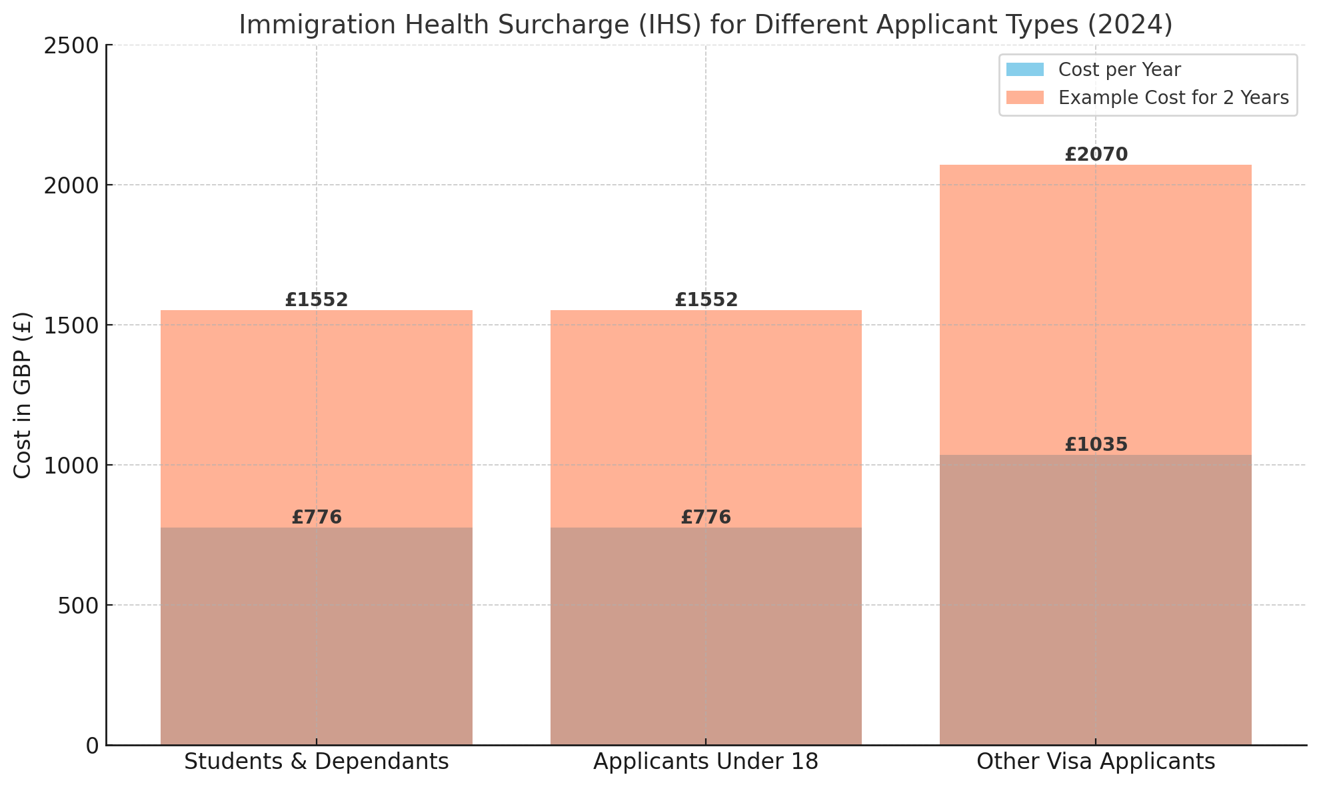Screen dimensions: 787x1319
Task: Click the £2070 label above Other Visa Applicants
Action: (x=1096, y=155)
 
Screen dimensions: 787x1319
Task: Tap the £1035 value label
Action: (x=1096, y=445)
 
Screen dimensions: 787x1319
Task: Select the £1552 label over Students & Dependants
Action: (x=317, y=300)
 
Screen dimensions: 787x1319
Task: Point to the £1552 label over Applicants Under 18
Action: (x=706, y=300)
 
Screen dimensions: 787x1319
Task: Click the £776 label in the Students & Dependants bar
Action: (x=317, y=518)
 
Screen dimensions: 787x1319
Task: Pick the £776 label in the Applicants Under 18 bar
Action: (x=706, y=518)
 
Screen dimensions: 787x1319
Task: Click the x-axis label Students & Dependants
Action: (x=317, y=762)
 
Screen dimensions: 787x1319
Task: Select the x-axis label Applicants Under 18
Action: (x=706, y=762)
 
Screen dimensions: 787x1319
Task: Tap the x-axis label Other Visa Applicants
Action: (x=1096, y=762)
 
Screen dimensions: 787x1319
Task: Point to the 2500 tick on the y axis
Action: (x=71, y=45)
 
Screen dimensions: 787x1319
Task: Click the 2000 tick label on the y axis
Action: (x=71, y=185)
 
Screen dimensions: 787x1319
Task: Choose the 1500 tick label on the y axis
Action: (x=71, y=325)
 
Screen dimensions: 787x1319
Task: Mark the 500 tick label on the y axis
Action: (x=79, y=606)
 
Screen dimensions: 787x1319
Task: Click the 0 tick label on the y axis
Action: (x=93, y=746)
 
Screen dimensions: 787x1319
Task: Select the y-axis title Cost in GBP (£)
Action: (x=23, y=395)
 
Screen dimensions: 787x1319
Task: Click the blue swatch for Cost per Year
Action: (x=1024, y=69)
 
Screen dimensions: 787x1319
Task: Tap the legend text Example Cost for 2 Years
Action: (x=1173, y=98)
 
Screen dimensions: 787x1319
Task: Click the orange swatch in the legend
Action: (x=1024, y=98)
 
